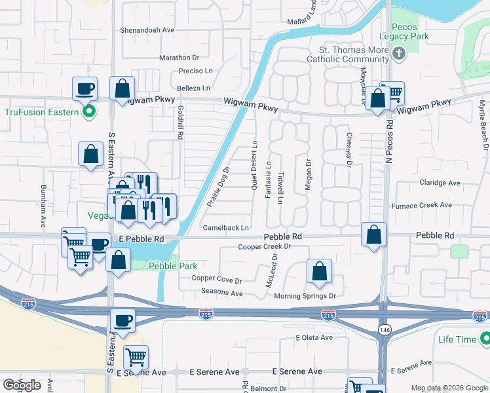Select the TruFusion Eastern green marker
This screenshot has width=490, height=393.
point(90,111)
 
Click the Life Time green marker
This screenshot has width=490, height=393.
point(485,339)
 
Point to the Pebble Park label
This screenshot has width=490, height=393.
point(172,266)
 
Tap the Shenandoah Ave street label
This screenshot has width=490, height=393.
point(147,30)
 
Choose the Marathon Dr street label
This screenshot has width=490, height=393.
point(179,58)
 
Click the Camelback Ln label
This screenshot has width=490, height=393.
point(225,228)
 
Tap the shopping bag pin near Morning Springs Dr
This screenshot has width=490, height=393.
point(319,271)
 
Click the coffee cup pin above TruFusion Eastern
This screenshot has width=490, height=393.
point(85,88)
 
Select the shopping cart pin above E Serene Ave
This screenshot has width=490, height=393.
point(136,357)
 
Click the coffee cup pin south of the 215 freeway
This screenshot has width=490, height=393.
point(122,320)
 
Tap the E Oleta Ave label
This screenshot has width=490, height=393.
point(314,338)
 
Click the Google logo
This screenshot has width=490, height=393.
point(22,385)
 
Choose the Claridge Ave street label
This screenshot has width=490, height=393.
point(437,183)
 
